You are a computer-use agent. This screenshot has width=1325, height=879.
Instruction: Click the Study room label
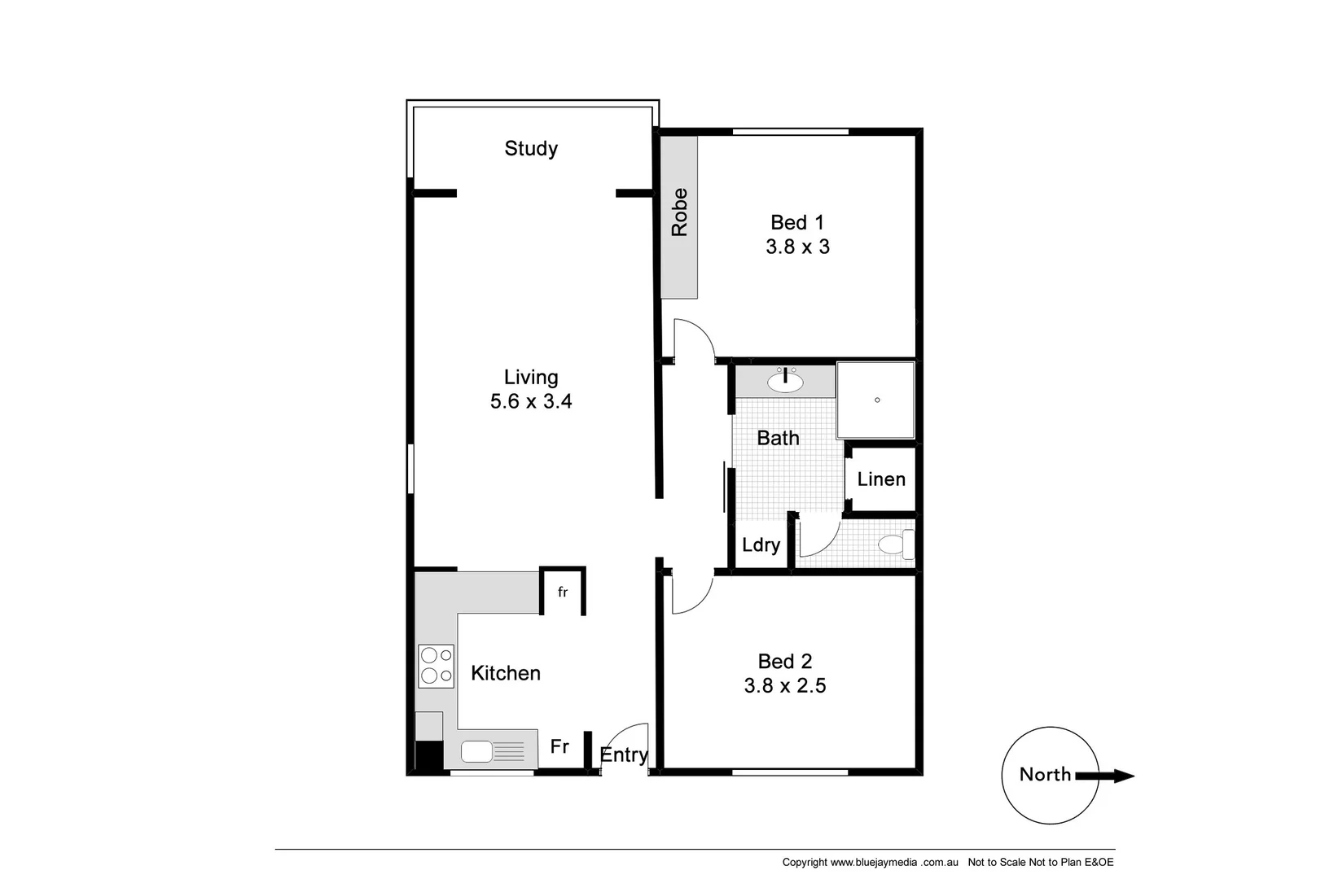click(531, 148)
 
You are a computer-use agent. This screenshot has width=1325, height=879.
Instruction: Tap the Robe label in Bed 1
click(679, 212)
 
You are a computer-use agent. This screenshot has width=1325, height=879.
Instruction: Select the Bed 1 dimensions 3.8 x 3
click(797, 247)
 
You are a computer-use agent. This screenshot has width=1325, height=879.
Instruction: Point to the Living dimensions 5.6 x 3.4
click(531, 401)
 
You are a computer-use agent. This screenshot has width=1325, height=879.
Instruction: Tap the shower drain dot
click(877, 400)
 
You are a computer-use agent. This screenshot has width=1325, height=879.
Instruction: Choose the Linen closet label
click(881, 479)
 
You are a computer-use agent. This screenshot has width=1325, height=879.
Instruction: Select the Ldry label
click(761, 545)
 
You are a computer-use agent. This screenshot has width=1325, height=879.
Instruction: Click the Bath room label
click(778, 438)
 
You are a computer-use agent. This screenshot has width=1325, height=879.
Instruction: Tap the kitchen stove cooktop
click(436, 665)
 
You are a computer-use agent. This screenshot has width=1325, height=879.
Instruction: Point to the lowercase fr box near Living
click(563, 592)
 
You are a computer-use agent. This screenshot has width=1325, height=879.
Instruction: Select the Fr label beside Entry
click(559, 746)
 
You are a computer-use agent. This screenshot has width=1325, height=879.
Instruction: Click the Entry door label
click(624, 755)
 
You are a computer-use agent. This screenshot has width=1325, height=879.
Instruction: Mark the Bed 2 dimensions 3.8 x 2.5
click(784, 686)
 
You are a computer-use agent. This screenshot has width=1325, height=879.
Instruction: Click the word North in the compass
click(1045, 774)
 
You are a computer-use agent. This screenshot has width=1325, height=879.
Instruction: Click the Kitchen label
click(506, 673)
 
